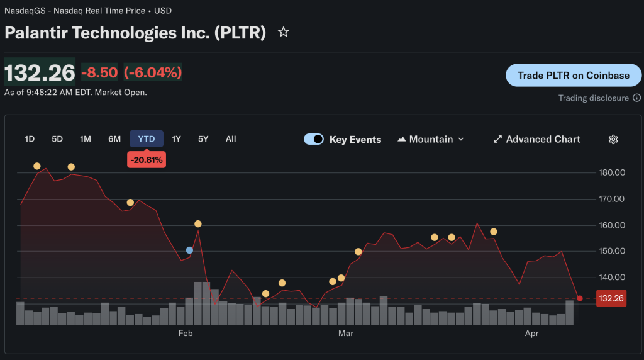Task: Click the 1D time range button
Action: coord(30,139)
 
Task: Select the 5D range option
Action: coord(57,139)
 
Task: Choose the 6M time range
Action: coord(114,139)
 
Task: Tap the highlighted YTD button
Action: coord(147,139)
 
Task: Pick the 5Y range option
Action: coord(203,139)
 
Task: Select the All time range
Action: coord(231,139)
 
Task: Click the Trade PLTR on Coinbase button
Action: coord(574,76)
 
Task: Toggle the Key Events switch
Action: coord(314,139)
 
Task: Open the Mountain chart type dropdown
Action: coord(431,139)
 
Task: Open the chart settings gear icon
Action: coord(613,139)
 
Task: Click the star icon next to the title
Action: coord(284,32)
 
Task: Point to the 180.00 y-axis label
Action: coord(611,172)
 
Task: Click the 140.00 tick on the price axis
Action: coord(611,278)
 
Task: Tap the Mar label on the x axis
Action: coord(345,333)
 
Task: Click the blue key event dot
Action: coord(189,250)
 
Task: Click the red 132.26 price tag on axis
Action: coord(611,298)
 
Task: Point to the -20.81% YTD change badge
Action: coord(147,160)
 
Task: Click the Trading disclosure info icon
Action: coord(636,98)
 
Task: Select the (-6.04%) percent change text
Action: coord(153,72)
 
